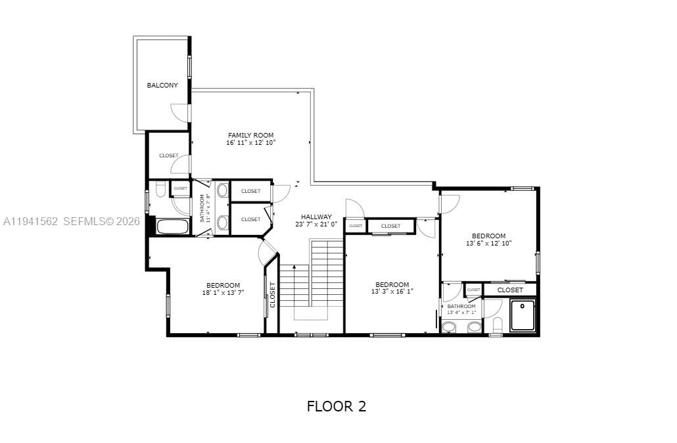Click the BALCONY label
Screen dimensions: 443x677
click(x=162, y=86)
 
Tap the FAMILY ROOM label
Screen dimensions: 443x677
click(x=250, y=136)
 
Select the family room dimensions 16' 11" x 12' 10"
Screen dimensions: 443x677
click(x=250, y=143)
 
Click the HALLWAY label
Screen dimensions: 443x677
click(x=316, y=217)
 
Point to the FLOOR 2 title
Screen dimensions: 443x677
click(x=336, y=406)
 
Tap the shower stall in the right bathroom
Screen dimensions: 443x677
click(x=524, y=316)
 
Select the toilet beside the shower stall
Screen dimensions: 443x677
click(x=498, y=325)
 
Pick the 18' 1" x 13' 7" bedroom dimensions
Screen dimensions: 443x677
click(x=223, y=293)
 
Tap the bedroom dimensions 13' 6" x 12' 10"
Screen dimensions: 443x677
click(x=488, y=243)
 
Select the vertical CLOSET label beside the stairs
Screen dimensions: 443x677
click(x=272, y=296)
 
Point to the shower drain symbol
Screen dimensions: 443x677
click(x=523, y=305)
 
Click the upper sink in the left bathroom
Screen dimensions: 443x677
click(x=222, y=191)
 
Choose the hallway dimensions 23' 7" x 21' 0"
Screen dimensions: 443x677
click(x=316, y=224)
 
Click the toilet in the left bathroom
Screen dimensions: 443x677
click(x=160, y=191)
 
